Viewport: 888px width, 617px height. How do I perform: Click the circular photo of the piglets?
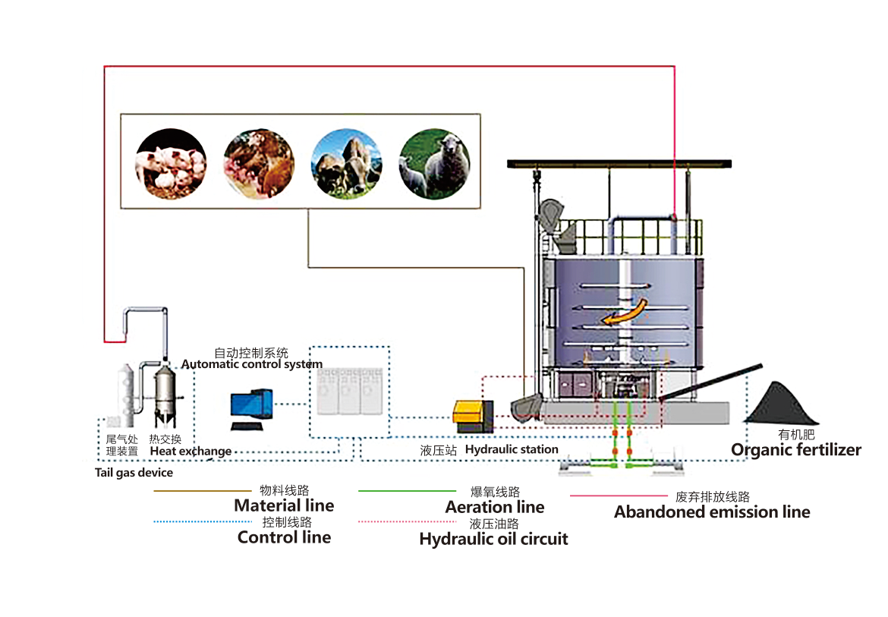[x=171, y=164]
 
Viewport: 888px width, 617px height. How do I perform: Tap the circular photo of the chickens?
[x=259, y=164]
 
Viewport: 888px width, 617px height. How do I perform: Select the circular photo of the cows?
[x=347, y=164]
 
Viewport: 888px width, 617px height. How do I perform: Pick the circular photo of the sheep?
[x=435, y=164]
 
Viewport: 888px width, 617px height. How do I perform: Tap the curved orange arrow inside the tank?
[x=625, y=312]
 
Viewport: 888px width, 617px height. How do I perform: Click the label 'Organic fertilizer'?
[x=796, y=450]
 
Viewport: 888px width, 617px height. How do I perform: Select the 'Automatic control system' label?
[x=251, y=364]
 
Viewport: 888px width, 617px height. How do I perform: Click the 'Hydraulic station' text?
[x=512, y=449]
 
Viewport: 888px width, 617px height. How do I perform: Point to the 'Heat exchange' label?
[x=191, y=451]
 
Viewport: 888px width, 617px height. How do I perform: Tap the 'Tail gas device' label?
[x=134, y=473]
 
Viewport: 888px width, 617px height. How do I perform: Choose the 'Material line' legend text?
[x=284, y=505]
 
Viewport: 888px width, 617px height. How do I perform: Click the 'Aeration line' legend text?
[x=495, y=507]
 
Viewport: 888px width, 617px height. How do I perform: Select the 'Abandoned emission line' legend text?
[x=712, y=512]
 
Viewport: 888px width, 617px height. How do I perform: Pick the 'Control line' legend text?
[x=284, y=537]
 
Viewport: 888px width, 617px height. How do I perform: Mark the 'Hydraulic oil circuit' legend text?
[x=493, y=540]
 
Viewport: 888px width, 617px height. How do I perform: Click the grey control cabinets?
[x=349, y=392]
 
